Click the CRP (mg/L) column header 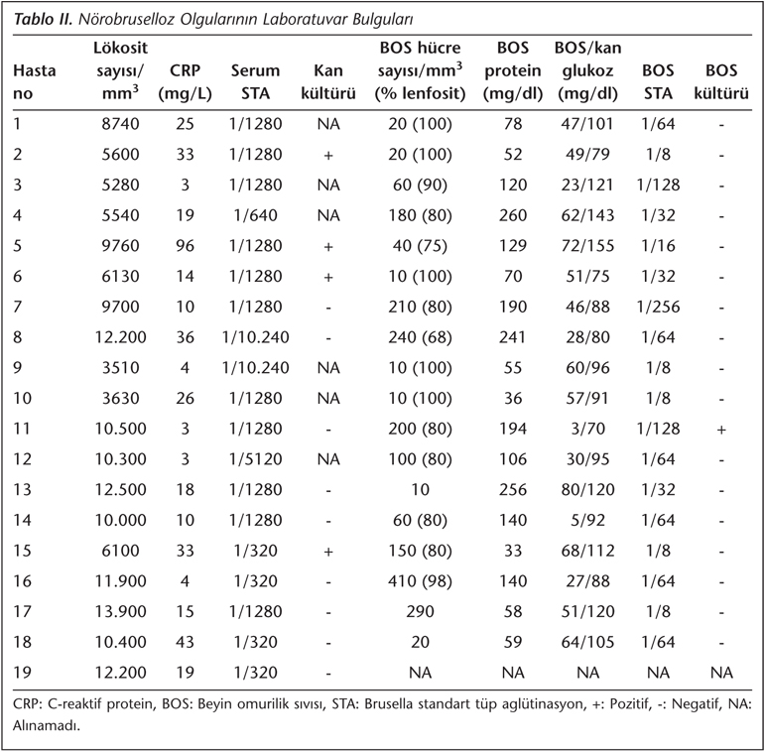pyautogui.click(x=185, y=82)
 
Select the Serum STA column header pyautogui.click(x=255, y=82)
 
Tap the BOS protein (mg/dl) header pyautogui.click(x=513, y=70)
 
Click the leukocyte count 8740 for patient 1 pyautogui.click(x=120, y=124)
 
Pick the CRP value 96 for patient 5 pyautogui.click(x=185, y=245)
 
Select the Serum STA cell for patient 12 pyautogui.click(x=255, y=459)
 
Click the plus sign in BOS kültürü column pyautogui.click(x=721, y=430)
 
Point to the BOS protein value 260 pyautogui.click(x=513, y=215)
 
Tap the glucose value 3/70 pyautogui.click(x=588, y=429)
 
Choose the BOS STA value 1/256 pyautogui.click(x=658, y=307)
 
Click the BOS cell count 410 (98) pyautogui.click(x=420, y=581)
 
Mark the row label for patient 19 pyautogui.click(x=23, y=673)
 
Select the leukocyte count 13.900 pyautogui.click(x=120, y=611)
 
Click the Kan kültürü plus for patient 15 pyautogui.click(x=328, y=551)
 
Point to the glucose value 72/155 pyautogui.click(x=588, y=245)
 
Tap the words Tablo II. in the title pyautogui.click(x=43, y=20)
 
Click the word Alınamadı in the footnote pyautogui.click(x=47, y=725)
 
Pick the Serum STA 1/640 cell pyautogui.click(x=255, y=215)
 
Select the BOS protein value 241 pyautogui.click(x=513, y=337)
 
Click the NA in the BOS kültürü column pyautogui.click(x=721, y=673)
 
